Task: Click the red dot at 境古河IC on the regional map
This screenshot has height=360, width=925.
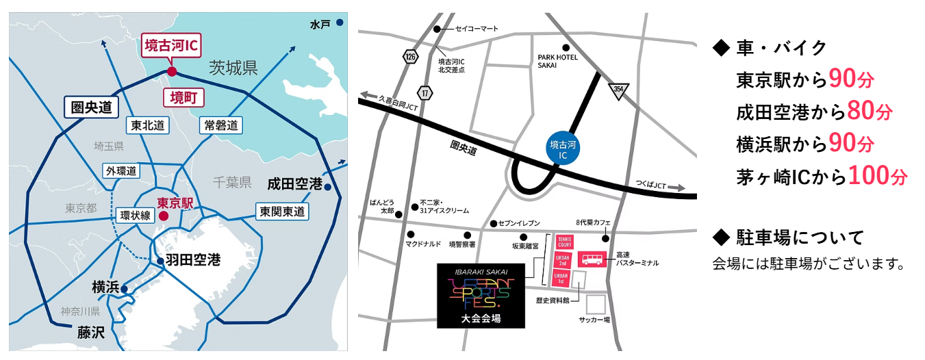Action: (x=172, y=71)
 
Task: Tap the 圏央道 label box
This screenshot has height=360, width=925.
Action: (x=91, y=107)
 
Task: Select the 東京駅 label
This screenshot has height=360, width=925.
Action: (x=176, y=203)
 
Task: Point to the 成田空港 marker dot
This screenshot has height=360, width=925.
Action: (x=328, y=187)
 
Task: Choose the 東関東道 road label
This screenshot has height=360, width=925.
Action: (x=281, y=211)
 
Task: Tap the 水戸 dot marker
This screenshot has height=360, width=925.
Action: (x=340, y=23)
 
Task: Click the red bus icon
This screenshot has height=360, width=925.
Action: (x=592, y=259)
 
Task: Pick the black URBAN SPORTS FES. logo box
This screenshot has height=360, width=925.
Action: (x=481, y=295)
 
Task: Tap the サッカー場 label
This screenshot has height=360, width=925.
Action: (x=594, y=320)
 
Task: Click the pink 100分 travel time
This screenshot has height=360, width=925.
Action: (x=877, y=176)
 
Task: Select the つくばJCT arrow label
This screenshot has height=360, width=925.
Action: (x=657, y=186)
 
